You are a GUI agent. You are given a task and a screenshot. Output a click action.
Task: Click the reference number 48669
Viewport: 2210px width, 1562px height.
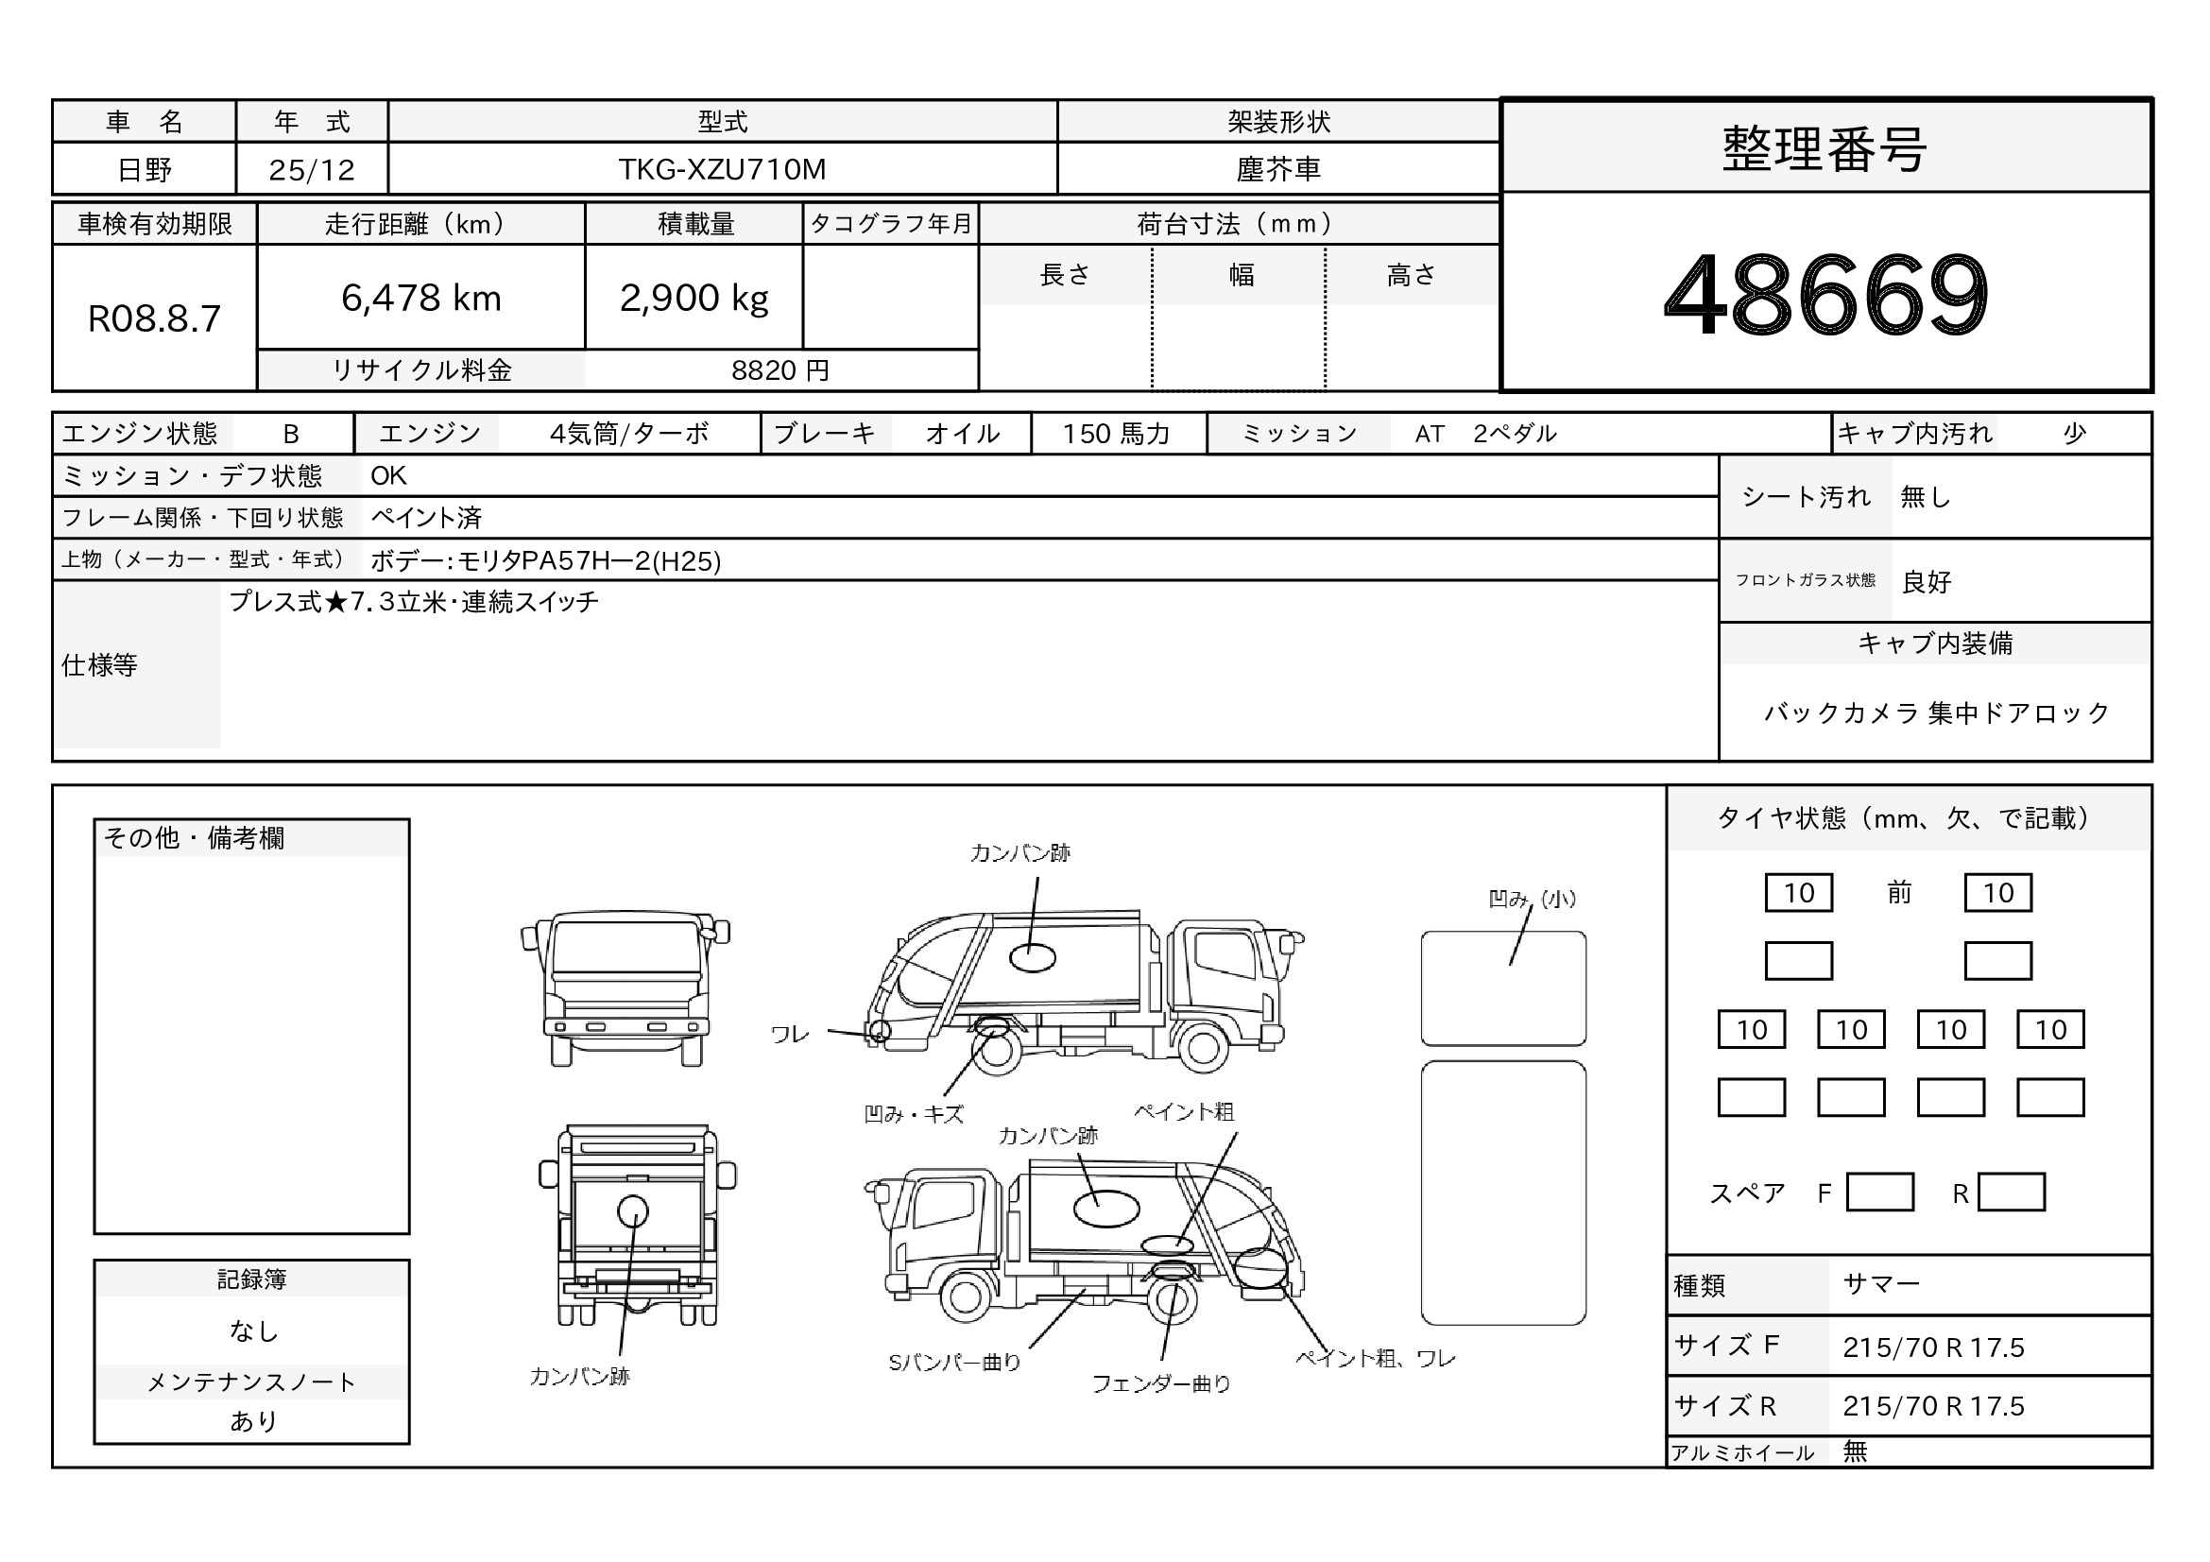[1826, 294]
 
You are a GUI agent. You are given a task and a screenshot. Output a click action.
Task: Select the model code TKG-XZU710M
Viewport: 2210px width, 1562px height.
[722, 169]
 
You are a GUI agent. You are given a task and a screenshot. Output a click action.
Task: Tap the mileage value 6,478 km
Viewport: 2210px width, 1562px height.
[421, 299]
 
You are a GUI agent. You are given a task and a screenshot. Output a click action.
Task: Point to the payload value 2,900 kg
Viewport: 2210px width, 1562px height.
[694, 299]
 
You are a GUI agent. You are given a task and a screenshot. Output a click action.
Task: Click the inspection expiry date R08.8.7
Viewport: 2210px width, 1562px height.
[154, 318]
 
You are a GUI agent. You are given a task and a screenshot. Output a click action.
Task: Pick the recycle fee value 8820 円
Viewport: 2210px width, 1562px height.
[779, 370]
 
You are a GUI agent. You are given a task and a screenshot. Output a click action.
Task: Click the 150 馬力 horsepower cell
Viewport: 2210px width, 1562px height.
[1117, 434]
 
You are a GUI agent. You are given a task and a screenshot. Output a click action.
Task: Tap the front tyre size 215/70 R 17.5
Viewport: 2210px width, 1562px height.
[1934, 1347]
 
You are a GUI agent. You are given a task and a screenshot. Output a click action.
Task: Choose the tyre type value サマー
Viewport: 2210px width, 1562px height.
[1882, 1284]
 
